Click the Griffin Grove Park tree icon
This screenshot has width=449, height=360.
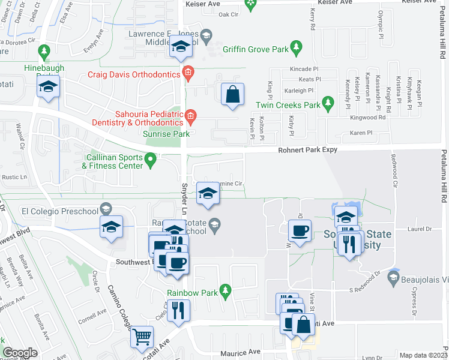[295, 46]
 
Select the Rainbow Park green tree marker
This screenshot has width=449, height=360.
[226, 291]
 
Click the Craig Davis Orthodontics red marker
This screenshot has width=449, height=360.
[187, 74]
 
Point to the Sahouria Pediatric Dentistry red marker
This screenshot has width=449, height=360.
[190, 116]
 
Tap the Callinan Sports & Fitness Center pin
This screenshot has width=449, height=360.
[151, 159]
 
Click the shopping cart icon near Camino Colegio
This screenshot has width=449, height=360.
[142, 337]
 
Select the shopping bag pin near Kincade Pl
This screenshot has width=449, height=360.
[232, 95]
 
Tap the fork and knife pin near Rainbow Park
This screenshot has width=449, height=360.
[178, 310]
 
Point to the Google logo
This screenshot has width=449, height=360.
[20, 353]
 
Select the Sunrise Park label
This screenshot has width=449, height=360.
[166, 134]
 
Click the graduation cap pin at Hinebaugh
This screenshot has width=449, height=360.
[48, 88]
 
